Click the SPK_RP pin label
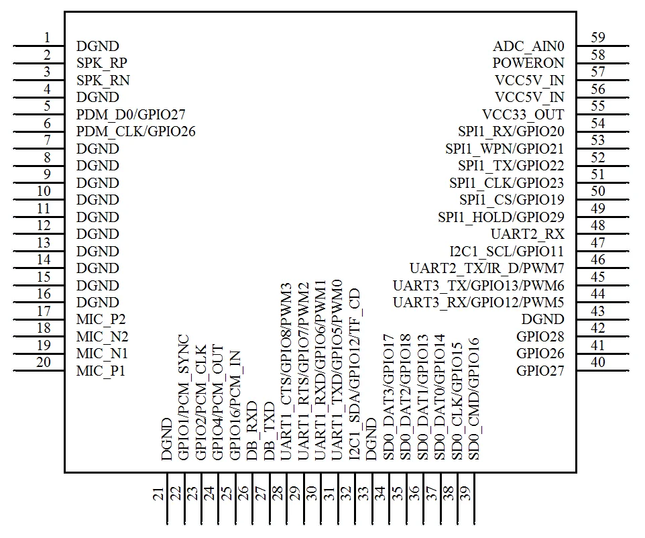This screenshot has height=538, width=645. (102, 63)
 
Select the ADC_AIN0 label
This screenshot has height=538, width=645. (528, 46)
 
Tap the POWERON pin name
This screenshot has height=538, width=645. (528, 63)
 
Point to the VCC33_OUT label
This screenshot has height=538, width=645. (523, 115)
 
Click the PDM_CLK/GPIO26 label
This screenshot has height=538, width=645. (136, 131)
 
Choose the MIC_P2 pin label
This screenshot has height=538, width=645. (101, 319)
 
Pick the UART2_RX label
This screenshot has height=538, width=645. (528, 234)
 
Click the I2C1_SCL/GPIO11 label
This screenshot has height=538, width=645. (507, 252)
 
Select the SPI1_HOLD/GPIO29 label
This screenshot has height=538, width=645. (501, 217)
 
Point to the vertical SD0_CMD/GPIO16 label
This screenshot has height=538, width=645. (474, 398)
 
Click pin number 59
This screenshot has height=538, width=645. (598, 38)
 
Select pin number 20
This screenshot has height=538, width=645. (44, 362)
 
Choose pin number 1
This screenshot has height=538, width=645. (47, 38)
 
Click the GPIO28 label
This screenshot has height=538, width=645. (540, 337)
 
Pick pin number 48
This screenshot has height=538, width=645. (598, 226)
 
